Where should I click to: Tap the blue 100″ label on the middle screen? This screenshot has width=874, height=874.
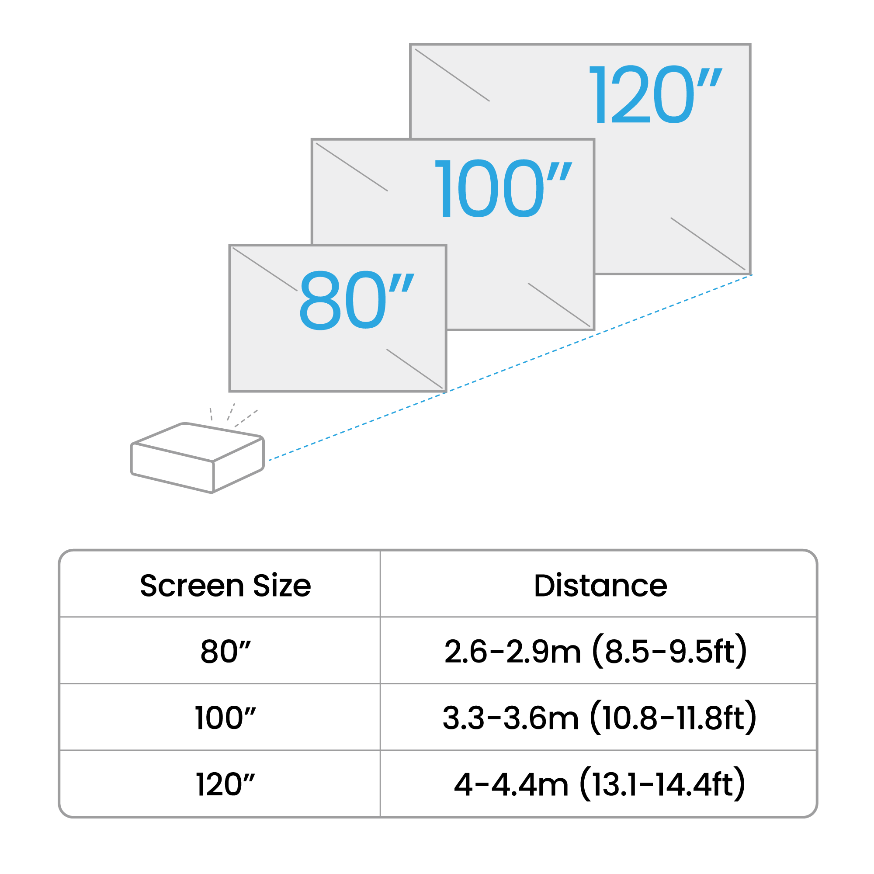pyautogui.click(x=502, y=189)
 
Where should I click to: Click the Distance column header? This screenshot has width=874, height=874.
pyautogui.click(x=600, y=586)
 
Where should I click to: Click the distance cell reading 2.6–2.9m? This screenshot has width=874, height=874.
pyautogui.click(x=513, y=652)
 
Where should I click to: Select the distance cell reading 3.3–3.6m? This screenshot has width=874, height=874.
pyautogui.click(x=510, y=718)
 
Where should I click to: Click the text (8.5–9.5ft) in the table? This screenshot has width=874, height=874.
pyautogui.click(x=669, y=652)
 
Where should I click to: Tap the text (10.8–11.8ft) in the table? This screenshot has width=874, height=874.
pyautogui.click(x=673, y=718)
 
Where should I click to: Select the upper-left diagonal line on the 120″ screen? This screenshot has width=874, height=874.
pyautogui.click(x=452, y=75)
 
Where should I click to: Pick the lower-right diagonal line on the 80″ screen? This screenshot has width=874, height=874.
pyautogui.click(x=414, y=368)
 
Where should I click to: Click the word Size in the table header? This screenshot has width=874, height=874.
pyautogui.click(x=282, y=586)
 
